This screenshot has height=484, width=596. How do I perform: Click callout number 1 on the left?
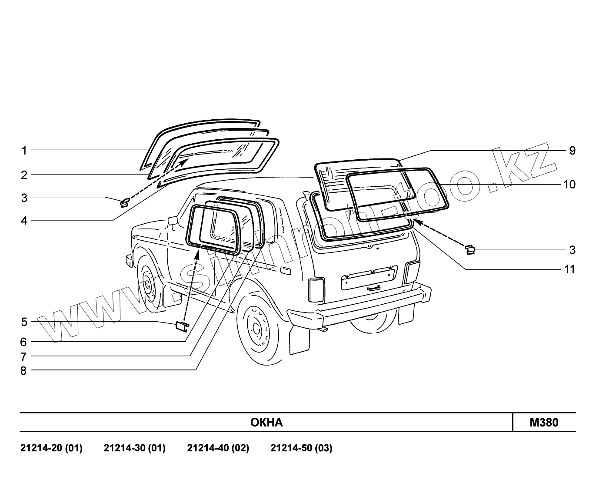(x=24, y=151)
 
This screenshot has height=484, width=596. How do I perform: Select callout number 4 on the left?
(x=24, y=221)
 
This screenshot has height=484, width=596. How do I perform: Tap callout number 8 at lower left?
(x=23, y=371)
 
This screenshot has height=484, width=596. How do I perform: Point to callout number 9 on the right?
(x=572, y=151)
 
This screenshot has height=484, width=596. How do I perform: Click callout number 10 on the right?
(x=569, y=185)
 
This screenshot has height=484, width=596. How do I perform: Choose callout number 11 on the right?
(x=569, y=269)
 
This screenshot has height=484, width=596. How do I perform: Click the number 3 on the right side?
(x=572, y=250)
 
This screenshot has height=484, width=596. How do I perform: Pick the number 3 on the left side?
(x=24, y=198)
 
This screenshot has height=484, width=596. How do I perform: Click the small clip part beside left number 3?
(x=124, y=202)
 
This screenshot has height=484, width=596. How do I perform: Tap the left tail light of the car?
(x=316, y=289)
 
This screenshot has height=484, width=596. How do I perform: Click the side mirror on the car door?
(x=172, y=220)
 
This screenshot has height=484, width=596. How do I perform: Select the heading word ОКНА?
(x=266, y=423)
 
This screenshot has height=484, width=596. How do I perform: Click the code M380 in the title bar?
(x=544, y=422)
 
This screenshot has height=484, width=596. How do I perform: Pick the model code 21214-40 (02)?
(x=218, y=448)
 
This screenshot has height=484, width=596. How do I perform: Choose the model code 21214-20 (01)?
(x=51, y=448)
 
